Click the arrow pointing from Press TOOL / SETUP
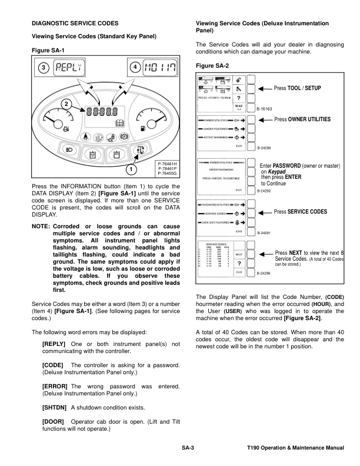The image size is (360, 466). [281, 88]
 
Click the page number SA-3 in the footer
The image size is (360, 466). [188, 449]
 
